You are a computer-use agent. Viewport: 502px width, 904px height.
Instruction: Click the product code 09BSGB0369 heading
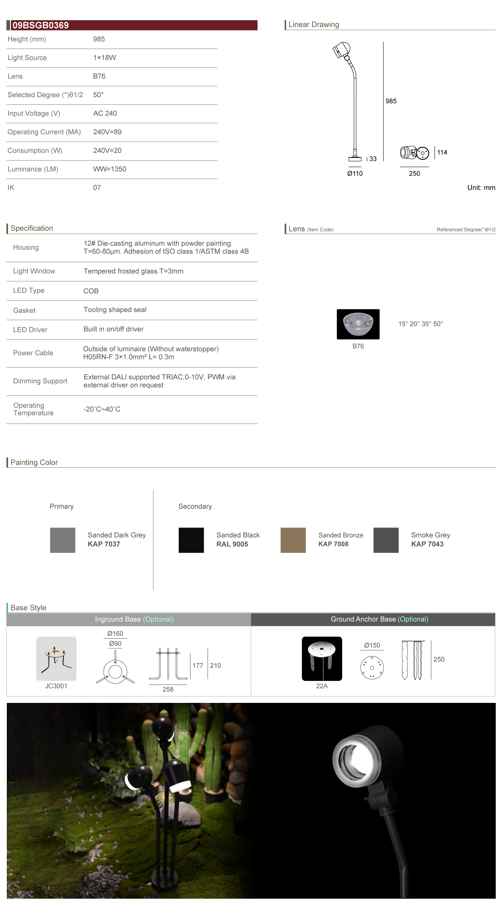click(x=41, y=25)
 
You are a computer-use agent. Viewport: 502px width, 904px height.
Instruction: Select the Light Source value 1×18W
click(x=104, y=58)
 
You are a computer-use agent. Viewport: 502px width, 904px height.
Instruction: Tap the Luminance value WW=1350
click(x=110, y=169)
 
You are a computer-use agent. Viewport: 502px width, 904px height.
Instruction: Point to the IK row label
click(x=11, y=187)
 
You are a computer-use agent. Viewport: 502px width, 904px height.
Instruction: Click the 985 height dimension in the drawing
click(x=391, y=101)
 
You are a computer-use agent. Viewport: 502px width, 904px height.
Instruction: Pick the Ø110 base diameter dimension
click(x=355, y=173)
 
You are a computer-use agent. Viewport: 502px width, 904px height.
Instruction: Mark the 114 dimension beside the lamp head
click(x=442, y=153)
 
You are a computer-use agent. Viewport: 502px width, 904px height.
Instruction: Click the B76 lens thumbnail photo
click(x=358, y=324)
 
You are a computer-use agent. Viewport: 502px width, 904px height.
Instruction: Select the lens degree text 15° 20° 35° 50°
click(x=420, y=324)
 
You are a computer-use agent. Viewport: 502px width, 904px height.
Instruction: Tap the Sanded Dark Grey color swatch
click(x=63, y=540)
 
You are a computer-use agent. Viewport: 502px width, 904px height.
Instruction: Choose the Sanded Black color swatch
click(x=191, y=540)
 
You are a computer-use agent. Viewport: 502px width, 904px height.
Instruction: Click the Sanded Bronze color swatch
click(x=293, y=540)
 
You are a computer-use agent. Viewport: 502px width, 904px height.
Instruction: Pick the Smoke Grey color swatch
click(x=386, y=540)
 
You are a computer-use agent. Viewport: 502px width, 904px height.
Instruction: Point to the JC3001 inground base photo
click(x=56, y=658)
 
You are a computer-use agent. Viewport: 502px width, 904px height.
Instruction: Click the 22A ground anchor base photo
click(x=322, y=658)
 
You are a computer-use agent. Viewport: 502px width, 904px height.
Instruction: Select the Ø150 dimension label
click(x=372, y=645)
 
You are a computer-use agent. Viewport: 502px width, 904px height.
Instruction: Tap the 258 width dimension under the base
click(x=168, y=689)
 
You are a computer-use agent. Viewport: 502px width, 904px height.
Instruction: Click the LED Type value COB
click(x=91, y=291)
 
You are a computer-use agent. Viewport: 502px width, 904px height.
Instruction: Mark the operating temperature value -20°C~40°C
click(x=102, y=409)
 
